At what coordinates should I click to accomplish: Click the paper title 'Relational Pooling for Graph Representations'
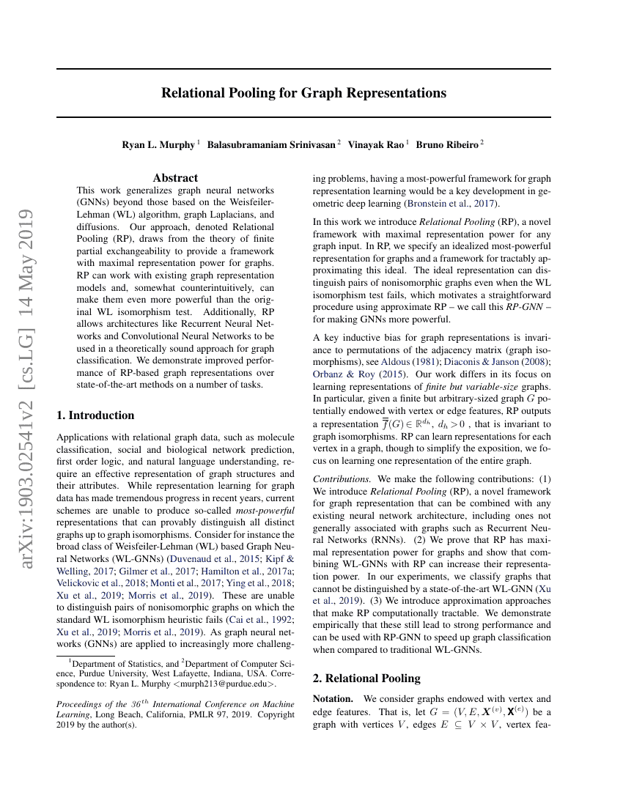coord(303,93)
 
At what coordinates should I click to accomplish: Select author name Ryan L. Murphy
coord(158,145)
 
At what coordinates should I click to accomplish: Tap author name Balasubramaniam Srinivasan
coord(272,145)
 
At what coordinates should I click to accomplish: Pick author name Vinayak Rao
coord(376,145)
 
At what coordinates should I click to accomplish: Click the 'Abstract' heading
coord(175,178)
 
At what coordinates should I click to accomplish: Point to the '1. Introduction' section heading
coord(95,415)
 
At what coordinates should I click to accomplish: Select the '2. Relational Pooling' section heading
coord(366,679)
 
